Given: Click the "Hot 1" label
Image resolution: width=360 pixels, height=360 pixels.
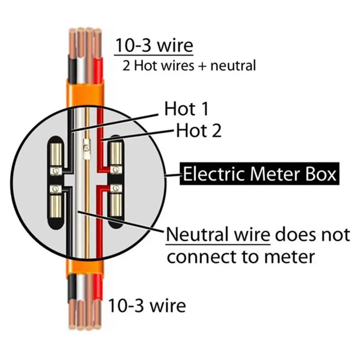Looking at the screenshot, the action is pyautogui.click(x=186, y=109).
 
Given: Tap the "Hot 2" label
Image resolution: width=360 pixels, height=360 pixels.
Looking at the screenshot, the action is pyautogui.click(x=199, y=130).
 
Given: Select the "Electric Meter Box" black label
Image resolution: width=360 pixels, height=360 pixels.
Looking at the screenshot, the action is pyautogui.click(x=260, y=174).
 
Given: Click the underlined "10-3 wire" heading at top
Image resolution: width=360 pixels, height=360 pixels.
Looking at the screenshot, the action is pyautogui.click(x=154, y=45).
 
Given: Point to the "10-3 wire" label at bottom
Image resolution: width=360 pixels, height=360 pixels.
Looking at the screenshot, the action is pyautogui.click(x=147, y=306).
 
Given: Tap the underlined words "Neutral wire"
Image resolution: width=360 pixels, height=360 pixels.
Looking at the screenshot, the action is pyautogui.click(x=218, y=234).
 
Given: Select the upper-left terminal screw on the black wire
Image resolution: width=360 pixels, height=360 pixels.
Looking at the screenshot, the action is pyautogui.click(x=56, y=171).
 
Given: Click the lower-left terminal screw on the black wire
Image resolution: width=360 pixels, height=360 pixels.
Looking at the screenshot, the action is pyautogui.click(x=56, y=189).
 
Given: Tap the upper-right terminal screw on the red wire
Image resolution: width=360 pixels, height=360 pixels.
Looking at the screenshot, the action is pyautogui.click(x=116, y=170).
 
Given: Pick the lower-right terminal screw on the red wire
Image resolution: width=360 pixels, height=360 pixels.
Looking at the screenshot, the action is pyautogui.click(x=116, y=189).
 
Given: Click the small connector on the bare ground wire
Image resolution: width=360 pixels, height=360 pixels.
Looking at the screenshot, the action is pyautogui.click(x=87, y=149).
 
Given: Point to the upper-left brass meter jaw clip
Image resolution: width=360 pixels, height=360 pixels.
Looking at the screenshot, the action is pyautogui.click(x=56, y=154).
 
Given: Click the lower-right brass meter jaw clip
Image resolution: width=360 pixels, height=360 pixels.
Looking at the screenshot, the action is pyautogui.click(x=116, y=205).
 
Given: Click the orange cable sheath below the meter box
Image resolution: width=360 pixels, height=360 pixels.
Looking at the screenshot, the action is pyautogui.click(x=85, y=266).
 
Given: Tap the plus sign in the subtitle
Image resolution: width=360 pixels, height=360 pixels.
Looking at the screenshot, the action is pyautogui.click(x=202, y=66).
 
